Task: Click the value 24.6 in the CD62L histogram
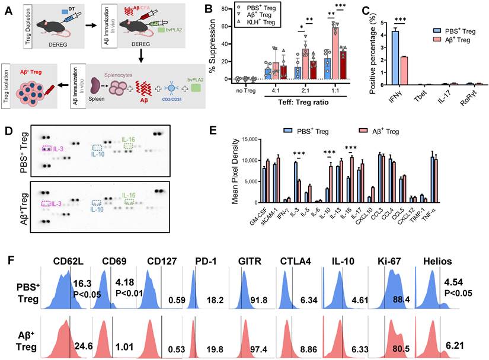(81, 341)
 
